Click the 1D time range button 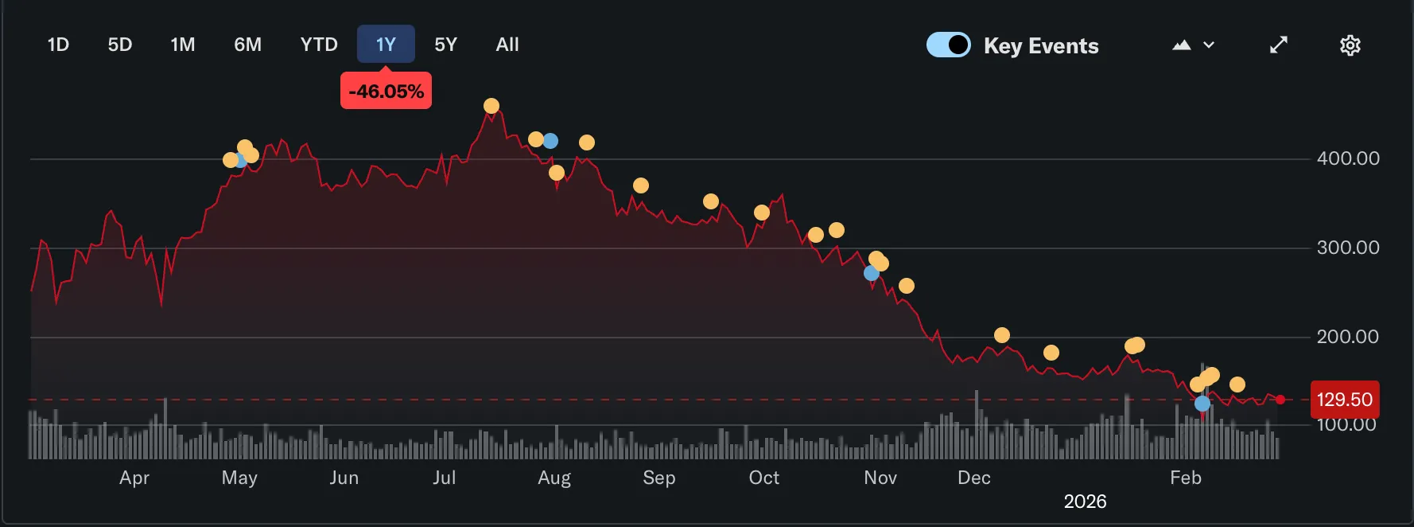pos(58,45)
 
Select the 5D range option pos(120,45)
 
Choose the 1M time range pos(183,45)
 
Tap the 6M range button pos(247,45)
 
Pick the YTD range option pos(319,45)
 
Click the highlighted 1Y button pos(386,45)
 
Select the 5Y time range pos(445,45)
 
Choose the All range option pos(507,45)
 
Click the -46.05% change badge pos(386,91)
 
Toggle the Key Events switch pos(948,45)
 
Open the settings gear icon pos(1350,45)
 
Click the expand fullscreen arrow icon pos(1278,45)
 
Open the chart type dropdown pos(1193,45)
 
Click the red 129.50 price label pos(1344,400)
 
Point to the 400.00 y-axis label pos(1348,158)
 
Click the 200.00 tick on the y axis pos(1348,337)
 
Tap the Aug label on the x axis pos(554,478)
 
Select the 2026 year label pos(1085,502)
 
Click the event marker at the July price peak pos(491,106)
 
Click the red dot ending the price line pos(1280,400)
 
